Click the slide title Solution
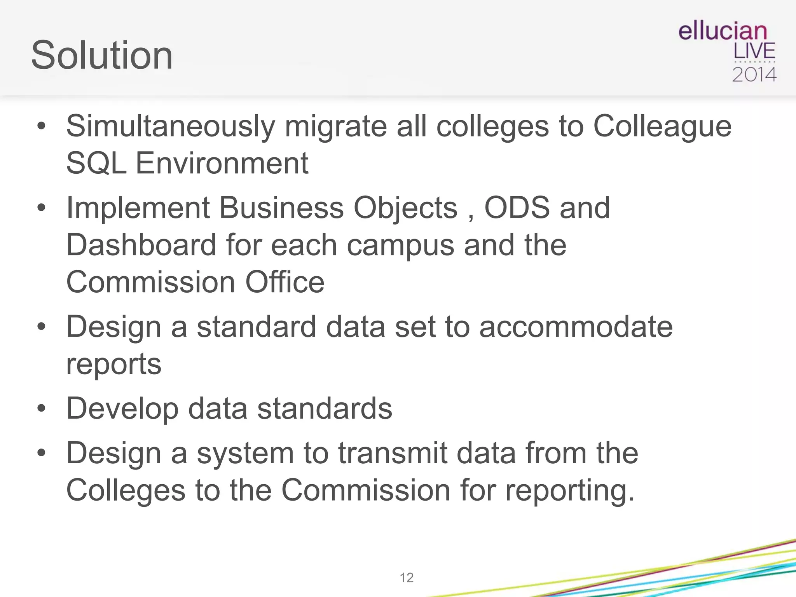pyautogui.click(x=102, y=55)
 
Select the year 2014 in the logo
pyautogui.click(x=754, y=75)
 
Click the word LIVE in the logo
pyautogui.click(x=754, y=51)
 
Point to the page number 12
pyautogui.click(x=407, y=578)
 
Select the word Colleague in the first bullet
pyautogui.click(x=662, y=127)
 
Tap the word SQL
pyautogui.click(x=96, y=163)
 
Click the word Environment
pyautogui.click(x=222, y=163)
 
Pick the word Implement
pyautogui.click(x=138, y=208)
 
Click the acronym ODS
pyautogui.click(x=517, y=208)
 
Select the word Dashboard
pyautogui.click(x=141, y=245)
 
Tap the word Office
pyautogui.click(x=285, y=282)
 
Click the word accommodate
pyautogui.click(x=576, y=327)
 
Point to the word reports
pyautogui.click(x=113, y=365)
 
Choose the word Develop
pyautogui.click(x=122, y=409)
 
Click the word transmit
pyautogui.click(x=393, y=453)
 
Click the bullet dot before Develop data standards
pyautogui.click(x=41, y=409)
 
